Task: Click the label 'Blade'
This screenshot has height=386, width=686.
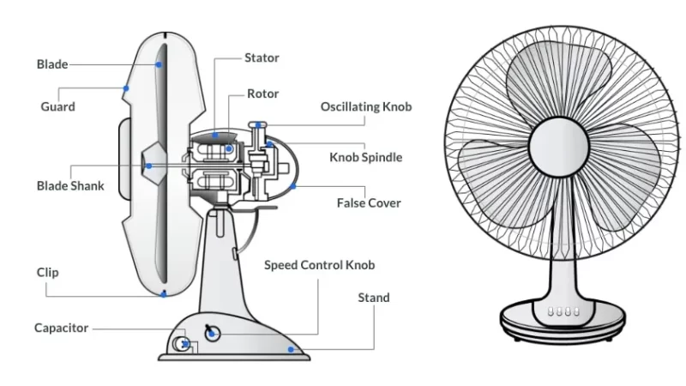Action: tap(51, 64)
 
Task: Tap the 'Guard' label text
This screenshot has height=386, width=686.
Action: tap(57, 107)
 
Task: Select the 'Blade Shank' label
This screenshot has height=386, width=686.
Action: tap(70, 185)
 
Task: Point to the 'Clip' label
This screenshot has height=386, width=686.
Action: tap(48, 273)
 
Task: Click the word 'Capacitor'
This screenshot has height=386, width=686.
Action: tap(62, 328)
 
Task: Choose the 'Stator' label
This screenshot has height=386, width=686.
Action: tap(262, 58)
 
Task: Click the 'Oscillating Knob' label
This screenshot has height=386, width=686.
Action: tap(366, 107)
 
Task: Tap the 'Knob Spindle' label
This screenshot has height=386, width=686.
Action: tap(365, 157)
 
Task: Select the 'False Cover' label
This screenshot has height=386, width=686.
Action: tap(369, 203)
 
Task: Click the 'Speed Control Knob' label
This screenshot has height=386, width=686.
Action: tap(319, 265)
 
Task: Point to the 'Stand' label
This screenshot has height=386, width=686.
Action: tap(373, 298)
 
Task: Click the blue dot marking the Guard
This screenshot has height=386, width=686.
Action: tap(126, 87)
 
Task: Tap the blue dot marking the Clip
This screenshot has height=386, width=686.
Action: tap(163, 294)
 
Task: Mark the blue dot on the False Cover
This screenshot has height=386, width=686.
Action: tap(293, 184)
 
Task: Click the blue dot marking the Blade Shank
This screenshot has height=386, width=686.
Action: tap(148, 166)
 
